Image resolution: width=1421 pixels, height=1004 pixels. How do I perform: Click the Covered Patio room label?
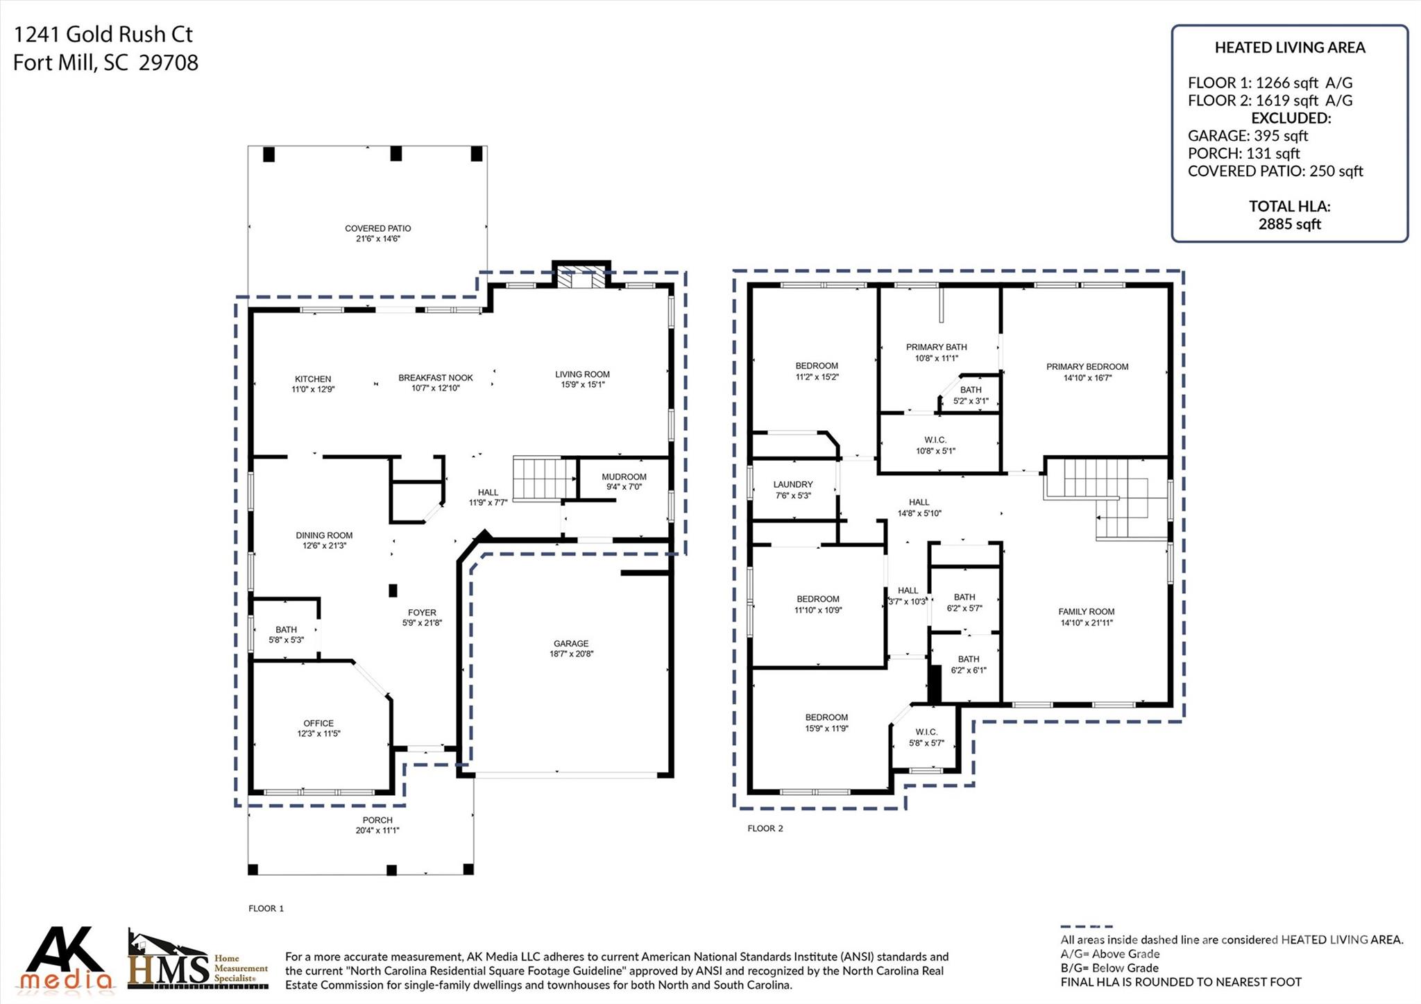[x=378, y=228]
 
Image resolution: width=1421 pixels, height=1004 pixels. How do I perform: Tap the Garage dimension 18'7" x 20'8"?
[x=570, y=654]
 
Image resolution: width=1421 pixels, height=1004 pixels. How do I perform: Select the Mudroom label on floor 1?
[x=624, y=477]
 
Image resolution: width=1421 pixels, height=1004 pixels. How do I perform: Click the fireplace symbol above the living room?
[x=581, y=279]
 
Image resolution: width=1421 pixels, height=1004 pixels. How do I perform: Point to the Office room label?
[x=318, y=723]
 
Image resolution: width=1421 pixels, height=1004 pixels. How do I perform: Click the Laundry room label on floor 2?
[x=793, y=484]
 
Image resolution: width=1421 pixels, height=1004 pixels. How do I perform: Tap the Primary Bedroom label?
[x=1087, y=366]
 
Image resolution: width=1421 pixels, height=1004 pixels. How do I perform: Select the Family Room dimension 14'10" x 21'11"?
[x=1087, y=622]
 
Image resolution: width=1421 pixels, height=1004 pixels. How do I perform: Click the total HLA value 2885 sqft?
[x=1289, y=224]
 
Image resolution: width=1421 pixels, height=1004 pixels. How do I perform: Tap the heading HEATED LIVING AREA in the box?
[x=1289, y=48]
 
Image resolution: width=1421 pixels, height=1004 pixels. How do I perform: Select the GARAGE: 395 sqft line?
[x=1248, y=135]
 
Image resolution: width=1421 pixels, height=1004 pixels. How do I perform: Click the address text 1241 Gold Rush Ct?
[x=103, y=34]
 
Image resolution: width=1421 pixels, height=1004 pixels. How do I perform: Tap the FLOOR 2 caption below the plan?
[x=765, y=828]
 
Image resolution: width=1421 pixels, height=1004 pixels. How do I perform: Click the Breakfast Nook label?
[x=435, y=377]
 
